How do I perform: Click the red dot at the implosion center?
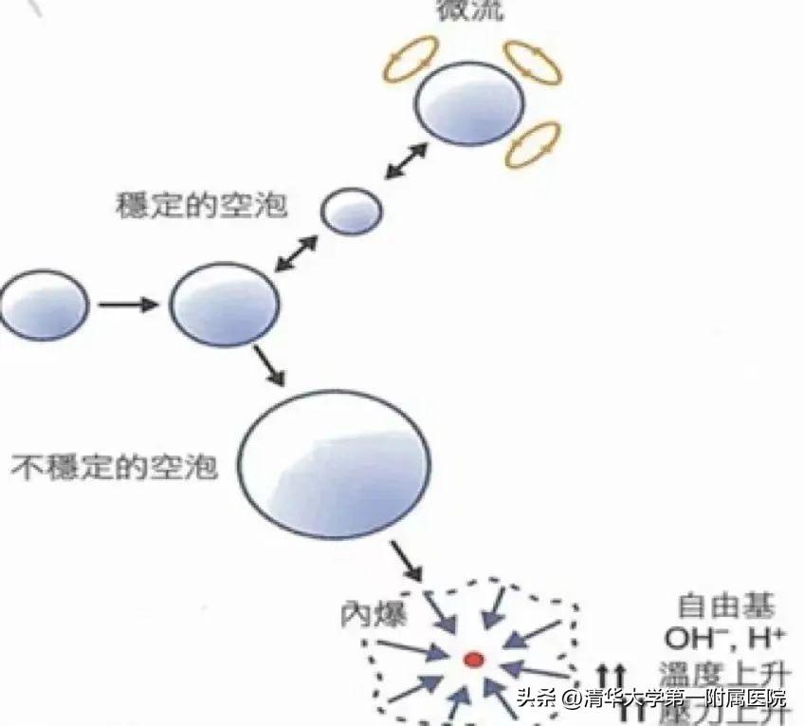(473, 659)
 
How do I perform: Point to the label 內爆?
(373, 614)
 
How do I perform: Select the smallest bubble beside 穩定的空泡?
(352, 211)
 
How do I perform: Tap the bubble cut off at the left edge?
(43, 305)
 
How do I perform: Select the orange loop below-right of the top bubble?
(530, 144)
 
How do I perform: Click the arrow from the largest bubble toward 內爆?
(405, 563)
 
